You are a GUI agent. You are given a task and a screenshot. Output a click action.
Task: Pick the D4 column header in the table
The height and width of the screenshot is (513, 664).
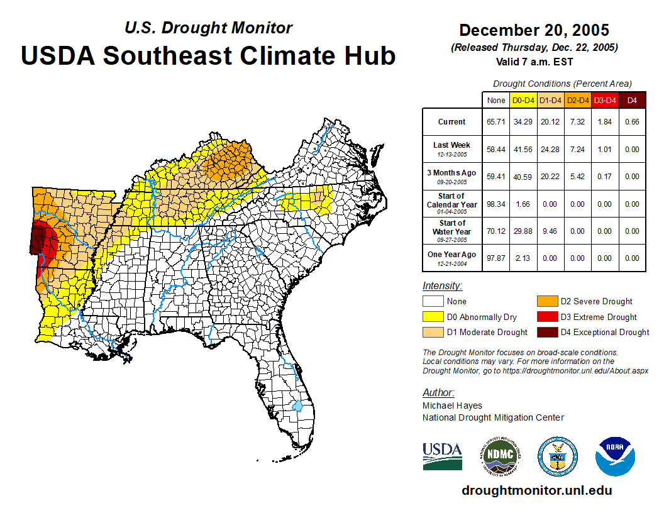click(632, 100)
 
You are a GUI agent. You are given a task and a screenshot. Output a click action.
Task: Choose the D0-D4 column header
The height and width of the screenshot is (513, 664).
click(523, 100)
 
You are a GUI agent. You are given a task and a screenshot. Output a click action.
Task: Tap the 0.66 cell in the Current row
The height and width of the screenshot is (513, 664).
click(632, 122)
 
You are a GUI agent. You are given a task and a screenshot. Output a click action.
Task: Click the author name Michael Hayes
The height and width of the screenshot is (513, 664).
click(452, 405)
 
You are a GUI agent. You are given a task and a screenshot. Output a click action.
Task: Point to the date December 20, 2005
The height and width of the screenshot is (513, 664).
click(534, 30)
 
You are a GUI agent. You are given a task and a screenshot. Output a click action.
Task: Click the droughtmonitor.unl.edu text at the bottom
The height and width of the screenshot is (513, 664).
click(536, 490)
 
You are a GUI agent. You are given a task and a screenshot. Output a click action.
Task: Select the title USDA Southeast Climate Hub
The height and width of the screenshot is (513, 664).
click(208, 55)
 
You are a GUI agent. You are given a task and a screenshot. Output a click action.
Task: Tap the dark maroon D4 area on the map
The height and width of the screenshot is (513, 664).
click(40, 240)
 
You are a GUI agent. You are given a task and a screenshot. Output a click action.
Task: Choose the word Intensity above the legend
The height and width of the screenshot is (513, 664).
click(442, 286)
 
